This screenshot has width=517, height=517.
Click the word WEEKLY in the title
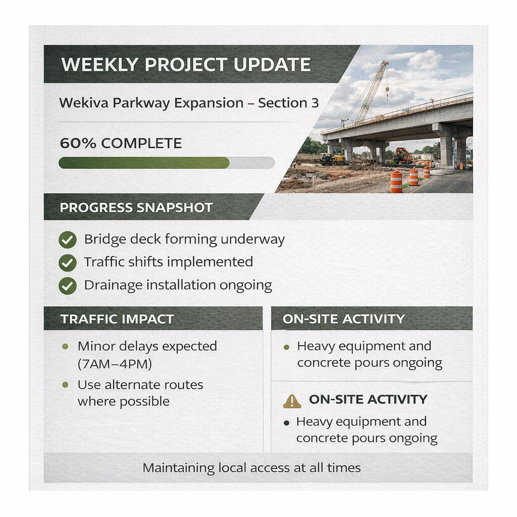click(x=99, y=64)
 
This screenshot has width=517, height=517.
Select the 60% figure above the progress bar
click(x=78, y=143)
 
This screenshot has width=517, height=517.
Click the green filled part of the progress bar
click(x=144, y=163)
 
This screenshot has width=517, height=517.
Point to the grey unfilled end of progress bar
click(x=252, y=163)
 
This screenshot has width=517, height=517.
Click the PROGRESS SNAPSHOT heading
click(x=136, y=208)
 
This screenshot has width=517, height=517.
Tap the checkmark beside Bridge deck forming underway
click(x=68, y=240)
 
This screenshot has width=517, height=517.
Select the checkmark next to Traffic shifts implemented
click(x=68, y=263)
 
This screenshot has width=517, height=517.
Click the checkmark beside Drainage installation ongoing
click(x=68, y=286)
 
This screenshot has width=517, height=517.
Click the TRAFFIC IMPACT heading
click(x=117, y=319)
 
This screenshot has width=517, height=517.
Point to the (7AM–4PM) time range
click(x=115, y=364)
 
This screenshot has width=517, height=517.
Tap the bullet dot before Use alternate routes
click(x=65, y=385)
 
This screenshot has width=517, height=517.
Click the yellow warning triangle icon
click(x=292, y=401)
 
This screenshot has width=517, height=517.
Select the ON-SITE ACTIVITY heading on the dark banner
click(x=343, y=319)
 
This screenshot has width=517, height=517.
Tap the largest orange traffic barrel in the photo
click(x=396, y=181)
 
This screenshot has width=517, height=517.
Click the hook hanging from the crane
click(x=387, y=89)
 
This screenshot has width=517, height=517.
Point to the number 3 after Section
click(x=315, y=103)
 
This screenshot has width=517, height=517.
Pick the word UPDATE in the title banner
click(x=272, y=64)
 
